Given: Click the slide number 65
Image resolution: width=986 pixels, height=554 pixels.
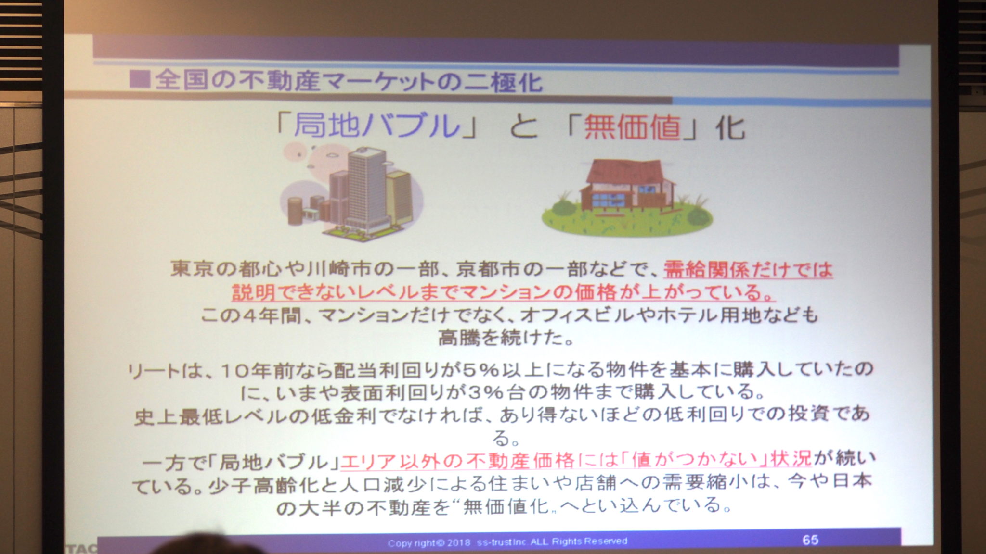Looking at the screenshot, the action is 810,540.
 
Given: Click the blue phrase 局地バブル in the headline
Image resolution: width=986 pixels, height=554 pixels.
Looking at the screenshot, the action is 376,126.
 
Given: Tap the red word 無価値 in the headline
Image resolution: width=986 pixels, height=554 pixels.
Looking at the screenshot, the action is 632,127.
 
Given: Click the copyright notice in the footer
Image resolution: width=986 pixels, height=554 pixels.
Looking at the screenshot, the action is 507,542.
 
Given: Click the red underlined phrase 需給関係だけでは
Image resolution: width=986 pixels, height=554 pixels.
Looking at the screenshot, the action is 748,269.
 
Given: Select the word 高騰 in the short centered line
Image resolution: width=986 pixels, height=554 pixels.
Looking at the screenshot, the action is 459,338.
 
